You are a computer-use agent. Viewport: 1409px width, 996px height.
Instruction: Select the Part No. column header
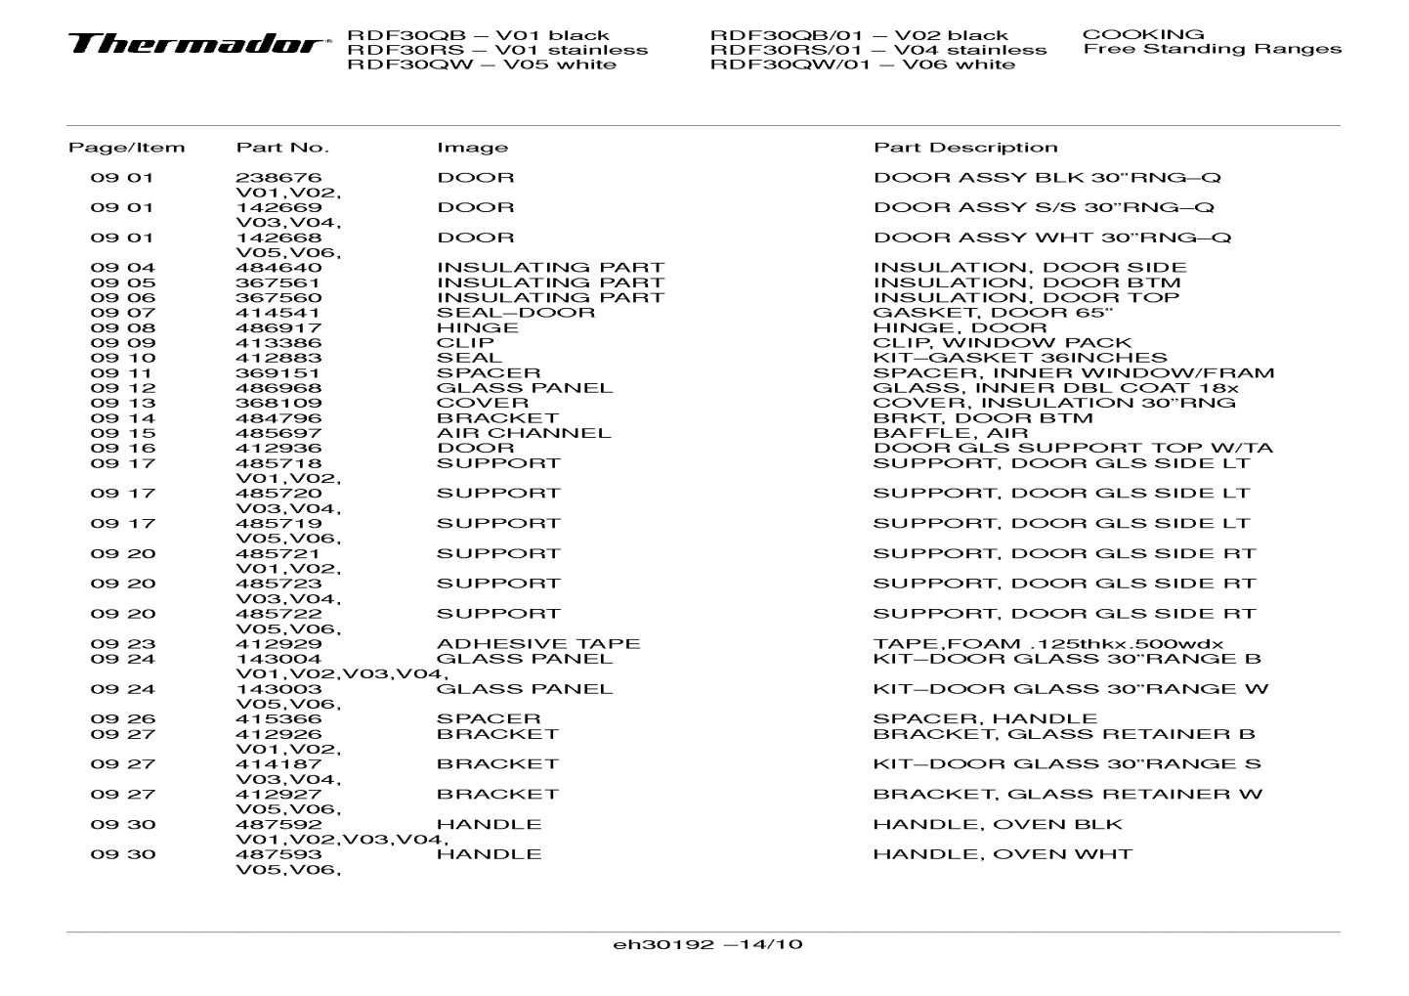click(282, 148)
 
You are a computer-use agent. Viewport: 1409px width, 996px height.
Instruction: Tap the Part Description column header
click(964, 148)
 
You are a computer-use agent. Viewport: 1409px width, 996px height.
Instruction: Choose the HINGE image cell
click(478, 327)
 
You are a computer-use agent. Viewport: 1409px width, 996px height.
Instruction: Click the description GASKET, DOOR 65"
click(993, 313)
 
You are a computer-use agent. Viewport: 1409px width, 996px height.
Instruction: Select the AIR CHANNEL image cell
click(524, 433)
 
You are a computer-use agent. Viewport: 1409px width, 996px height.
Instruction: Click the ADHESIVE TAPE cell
click(538, 644)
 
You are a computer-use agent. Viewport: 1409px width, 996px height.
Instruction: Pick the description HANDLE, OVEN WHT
click(1003, 854)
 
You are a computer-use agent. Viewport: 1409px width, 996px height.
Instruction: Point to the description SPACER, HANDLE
click(985, 719)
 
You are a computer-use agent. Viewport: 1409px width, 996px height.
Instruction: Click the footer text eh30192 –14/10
click(707, 944)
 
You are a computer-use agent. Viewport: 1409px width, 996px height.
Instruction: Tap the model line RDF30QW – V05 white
click(482, 65)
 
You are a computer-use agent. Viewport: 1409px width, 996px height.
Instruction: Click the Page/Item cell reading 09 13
click(122, 403)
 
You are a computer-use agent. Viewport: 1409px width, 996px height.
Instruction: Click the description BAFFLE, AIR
click(950, 433)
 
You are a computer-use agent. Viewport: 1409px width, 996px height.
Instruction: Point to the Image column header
click(472, 148)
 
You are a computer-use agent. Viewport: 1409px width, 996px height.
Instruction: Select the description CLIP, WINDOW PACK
click(1002, 343)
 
